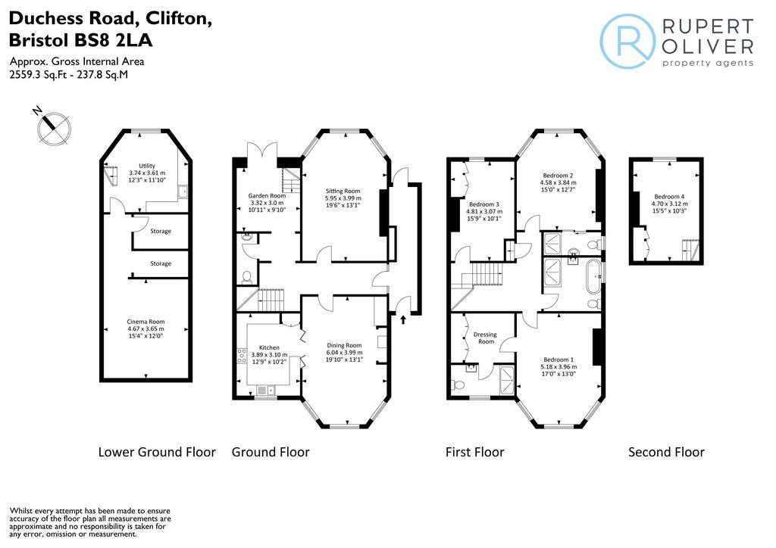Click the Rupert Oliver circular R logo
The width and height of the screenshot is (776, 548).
point(627,41)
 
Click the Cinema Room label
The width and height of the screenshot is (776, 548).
point(145,322)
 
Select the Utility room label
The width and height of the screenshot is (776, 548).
point(147,166)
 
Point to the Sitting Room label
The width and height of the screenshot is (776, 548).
point(343,191)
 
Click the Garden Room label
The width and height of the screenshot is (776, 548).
point(267,196)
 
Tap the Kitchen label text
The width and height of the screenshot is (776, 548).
point(269,348)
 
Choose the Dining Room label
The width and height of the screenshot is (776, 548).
point(344,345)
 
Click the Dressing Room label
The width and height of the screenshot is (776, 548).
point(485,338)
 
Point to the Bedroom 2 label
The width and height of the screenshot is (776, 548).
point(558,176)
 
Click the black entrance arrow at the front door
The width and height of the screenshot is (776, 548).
point(403,319)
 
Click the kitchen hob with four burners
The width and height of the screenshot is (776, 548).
point(242,356)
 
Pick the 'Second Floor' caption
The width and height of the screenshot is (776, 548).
point(666,452)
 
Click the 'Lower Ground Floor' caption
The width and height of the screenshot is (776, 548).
point(157,452)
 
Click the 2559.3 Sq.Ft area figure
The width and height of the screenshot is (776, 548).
point(33,75)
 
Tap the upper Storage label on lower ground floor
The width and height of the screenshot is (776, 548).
point(161,232)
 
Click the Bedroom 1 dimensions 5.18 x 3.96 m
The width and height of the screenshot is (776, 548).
point(559,367)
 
